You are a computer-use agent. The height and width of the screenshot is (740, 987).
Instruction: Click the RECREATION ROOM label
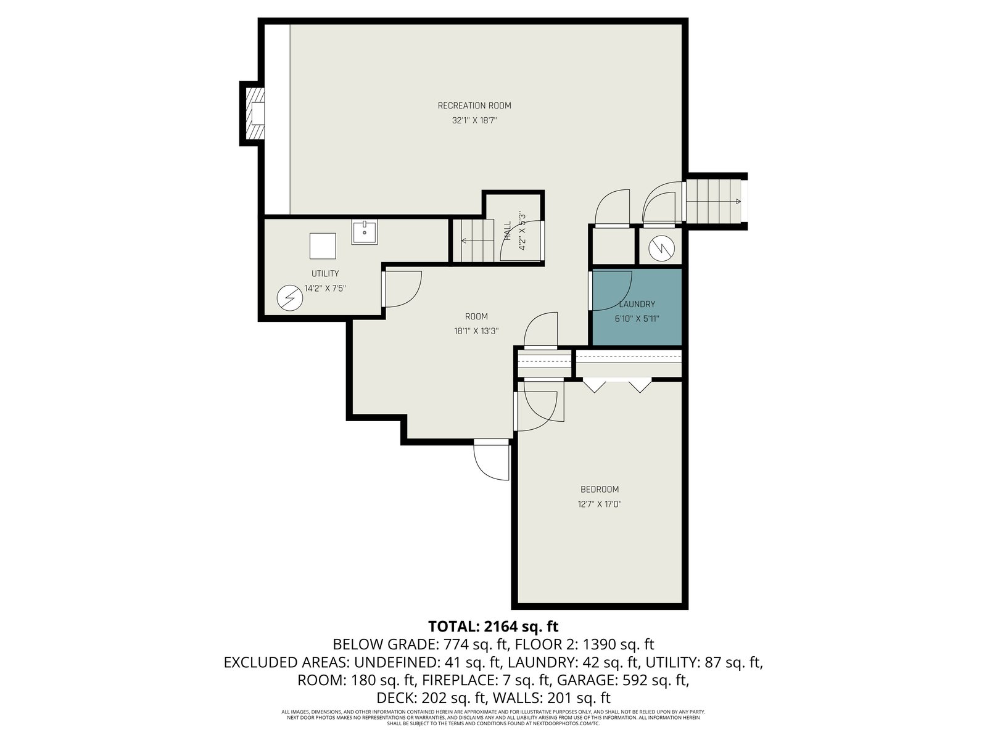pyautogui.click(x=474, y=105)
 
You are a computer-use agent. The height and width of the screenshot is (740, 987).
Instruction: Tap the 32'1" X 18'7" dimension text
pyautogui.click(x=474, y=120)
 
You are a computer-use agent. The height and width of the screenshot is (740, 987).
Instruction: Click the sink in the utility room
pyautogui.click(x=364, y=232)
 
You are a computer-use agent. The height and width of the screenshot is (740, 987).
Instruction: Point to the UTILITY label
pyautogui.click(x=325, y=273)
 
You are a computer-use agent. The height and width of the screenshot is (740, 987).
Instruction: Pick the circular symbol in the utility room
pyautogui.click(x=290, y=298)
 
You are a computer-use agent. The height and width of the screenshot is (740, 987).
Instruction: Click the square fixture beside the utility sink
pyautogui.click(x=323, y=246)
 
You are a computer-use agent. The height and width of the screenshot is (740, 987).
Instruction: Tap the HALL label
pyautogui.click(x=508, y=230)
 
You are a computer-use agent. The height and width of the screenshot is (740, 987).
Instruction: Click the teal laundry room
pyautogui.click(x=637, y=307)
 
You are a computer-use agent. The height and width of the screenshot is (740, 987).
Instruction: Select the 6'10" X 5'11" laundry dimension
pyautogui.click(x=637, y=319)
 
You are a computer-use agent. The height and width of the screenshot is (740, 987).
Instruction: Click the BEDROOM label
pyautogui.click(x=600, y=489)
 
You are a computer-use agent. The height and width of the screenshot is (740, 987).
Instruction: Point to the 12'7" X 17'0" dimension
pyautogui.click(x=600, y=504)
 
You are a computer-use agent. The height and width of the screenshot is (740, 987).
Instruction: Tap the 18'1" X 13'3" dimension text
pyautogui.click(x=476, y=331)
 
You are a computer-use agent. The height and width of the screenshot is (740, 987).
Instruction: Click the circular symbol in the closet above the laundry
pyautogui.click(x=661, y=248)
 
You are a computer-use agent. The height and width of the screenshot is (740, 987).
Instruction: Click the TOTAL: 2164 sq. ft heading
pyautogui.click(x=493, y=626)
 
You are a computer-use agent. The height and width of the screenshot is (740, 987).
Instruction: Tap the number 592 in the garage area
pyautogui.click(x=635, y=680)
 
